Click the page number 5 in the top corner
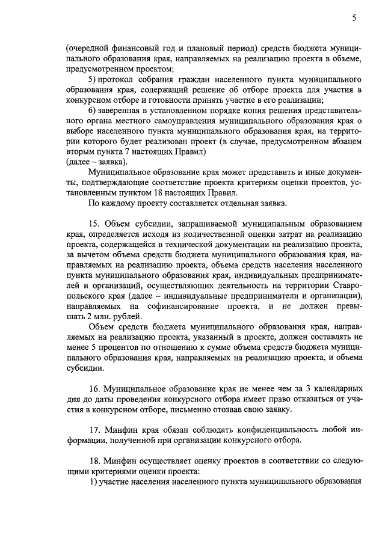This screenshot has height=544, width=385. [x=355, y=19]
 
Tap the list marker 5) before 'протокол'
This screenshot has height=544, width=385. [x=92, y=79]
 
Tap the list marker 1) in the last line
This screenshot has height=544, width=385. [x=92, y=482]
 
